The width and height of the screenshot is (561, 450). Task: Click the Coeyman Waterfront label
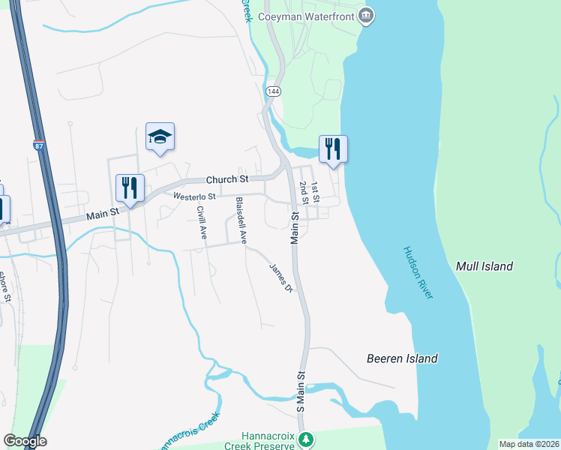point(307,15)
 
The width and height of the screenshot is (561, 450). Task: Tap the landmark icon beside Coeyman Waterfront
point(365,15)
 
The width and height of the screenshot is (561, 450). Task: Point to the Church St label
point(227,179)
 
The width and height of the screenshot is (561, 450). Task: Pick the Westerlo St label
point(194,196)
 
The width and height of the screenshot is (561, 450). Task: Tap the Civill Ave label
point(202,222)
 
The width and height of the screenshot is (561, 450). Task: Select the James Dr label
point(280,277)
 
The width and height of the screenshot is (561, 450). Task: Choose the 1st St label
point(316,193)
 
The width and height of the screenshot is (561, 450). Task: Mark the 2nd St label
point(304,193)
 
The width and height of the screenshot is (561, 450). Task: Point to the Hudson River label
point(418,273)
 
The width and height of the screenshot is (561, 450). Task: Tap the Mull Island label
point(484,266)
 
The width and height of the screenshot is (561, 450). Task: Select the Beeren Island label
point(402,358)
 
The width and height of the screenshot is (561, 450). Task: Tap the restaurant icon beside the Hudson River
point(333,148)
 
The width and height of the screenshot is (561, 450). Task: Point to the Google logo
point(25,441)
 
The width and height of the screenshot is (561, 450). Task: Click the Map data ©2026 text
point(529,444)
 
